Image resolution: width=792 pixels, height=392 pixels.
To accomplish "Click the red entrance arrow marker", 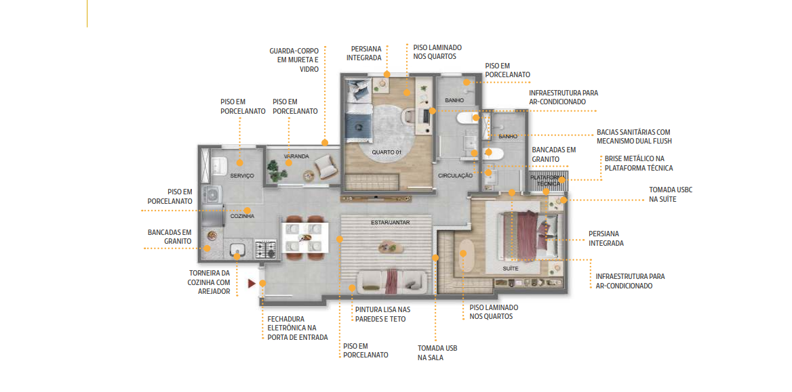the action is pyautogui.click(x=252, y=284).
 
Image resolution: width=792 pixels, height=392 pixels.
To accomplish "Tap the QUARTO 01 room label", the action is pyautogui.click(x=387, y=152).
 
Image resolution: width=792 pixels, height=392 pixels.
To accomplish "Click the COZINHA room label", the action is pyautogui.click(x=243, y=216).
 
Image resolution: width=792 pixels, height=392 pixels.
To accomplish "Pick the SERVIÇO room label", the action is pyautogui.click(x=242, y=175).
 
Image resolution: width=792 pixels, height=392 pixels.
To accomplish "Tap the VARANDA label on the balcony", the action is pyautogui.click(x=296, y=156).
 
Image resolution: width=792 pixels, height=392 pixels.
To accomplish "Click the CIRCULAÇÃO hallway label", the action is pyautogui.click(x=455, y=175).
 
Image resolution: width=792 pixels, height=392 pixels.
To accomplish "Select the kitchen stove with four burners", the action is pyautogui.click(x=266, y=248).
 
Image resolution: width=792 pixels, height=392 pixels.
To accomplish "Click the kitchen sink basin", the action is pyautogui.click(x=237, y=249).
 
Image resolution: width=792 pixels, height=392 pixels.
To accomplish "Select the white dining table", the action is pyautogui.click(x=304, y=236).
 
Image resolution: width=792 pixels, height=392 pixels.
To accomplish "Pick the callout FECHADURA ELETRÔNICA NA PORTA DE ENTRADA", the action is pyautogui.click(x=298, y=328).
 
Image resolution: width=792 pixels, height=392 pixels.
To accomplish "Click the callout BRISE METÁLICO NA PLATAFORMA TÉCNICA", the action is pyautogui.click(x=639, y=162).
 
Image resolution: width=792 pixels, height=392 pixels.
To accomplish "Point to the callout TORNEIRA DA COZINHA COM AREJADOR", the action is pyautogui.click(x=209, y=282).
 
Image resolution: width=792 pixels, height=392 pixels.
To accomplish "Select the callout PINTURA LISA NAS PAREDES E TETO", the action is pyautogui.click(x=382, y=313).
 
